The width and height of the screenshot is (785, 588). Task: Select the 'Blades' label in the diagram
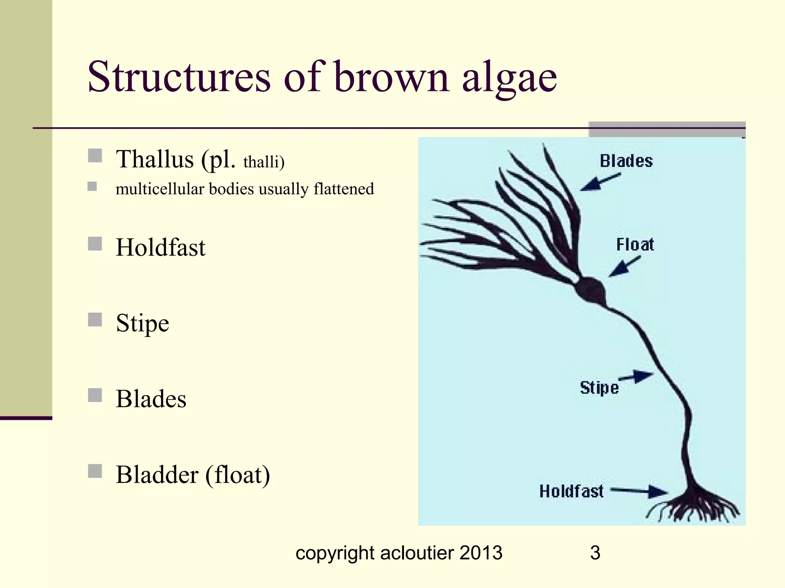point(626,161)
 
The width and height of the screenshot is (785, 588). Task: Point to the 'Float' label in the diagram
point(635,244)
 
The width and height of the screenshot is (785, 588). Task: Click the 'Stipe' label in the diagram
point(599,388)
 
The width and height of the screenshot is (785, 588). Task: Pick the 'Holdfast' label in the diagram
point(571,491)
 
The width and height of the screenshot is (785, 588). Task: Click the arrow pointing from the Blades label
point(599,182)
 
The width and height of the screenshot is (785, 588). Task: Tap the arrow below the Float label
point(624,266)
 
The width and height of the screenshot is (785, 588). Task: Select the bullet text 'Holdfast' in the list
point(161,247)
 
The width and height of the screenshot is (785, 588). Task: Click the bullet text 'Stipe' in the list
point(142,323)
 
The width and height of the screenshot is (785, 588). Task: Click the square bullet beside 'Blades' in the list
point(95,395)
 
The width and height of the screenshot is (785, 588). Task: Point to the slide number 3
point(595,553)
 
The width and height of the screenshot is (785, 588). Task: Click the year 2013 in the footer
point(481,553)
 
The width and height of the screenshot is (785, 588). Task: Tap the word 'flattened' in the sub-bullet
point(343,189)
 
